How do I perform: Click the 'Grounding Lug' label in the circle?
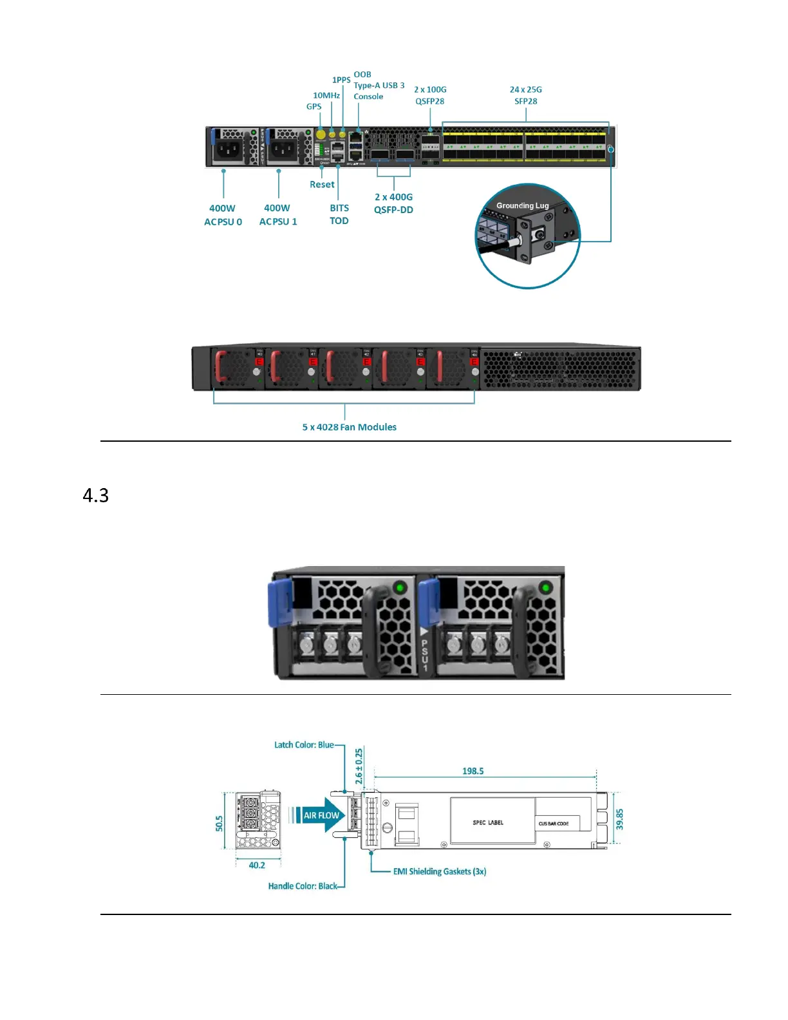(522, 206)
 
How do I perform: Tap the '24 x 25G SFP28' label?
(525, 95)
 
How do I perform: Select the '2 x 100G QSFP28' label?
(430, 95)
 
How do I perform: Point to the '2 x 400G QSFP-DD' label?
(393, 203)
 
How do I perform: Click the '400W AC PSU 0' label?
(223, 215)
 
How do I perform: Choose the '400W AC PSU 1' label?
(278, 215)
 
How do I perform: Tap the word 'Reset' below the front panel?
(322, 185)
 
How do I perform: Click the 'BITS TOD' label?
(339, 214)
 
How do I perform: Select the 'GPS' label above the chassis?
(314, 107)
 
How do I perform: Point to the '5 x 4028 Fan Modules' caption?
(349, 427)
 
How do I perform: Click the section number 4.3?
(96, 495)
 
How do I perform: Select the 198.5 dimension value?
(473, 771)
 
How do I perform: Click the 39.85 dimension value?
(619, 820)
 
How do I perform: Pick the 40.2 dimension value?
(257, 865)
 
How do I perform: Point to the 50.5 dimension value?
(220, 823)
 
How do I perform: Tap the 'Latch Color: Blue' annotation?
(304, 745)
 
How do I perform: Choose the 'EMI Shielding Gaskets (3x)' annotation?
(440, 871)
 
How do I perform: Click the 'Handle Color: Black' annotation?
(303, 886)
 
